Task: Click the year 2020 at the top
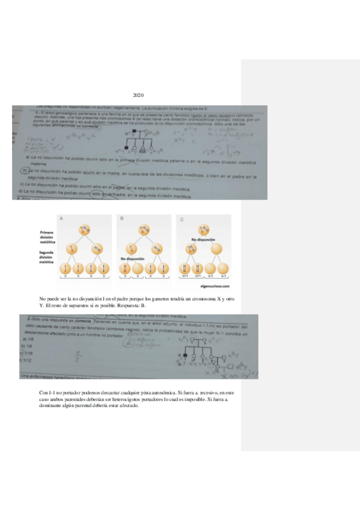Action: tap(138, 96)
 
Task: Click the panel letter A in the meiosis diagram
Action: tap(60, 220)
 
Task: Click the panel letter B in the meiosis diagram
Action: tap(122, 220)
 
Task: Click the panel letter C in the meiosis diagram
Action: tap(183, 220)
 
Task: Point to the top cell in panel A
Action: tap(85, 229)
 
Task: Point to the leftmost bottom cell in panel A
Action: tap(64, 269)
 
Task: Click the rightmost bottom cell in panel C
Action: tap(224, 269)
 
